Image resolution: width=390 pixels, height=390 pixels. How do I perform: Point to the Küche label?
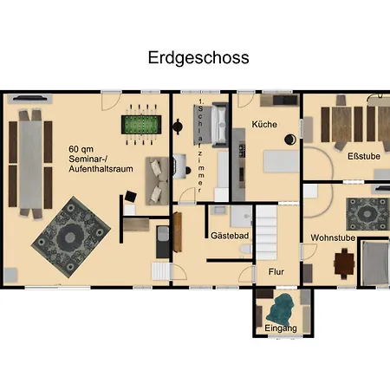click(264, 125)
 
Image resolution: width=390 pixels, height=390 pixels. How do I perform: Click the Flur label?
click(276, 271)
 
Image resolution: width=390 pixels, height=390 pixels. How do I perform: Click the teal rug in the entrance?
click(282, 308)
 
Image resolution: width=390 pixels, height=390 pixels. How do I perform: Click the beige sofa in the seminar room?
click(157, 178)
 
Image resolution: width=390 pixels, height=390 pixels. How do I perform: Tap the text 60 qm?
click(83, 149)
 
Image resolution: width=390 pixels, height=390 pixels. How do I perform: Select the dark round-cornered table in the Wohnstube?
click(346, 261)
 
